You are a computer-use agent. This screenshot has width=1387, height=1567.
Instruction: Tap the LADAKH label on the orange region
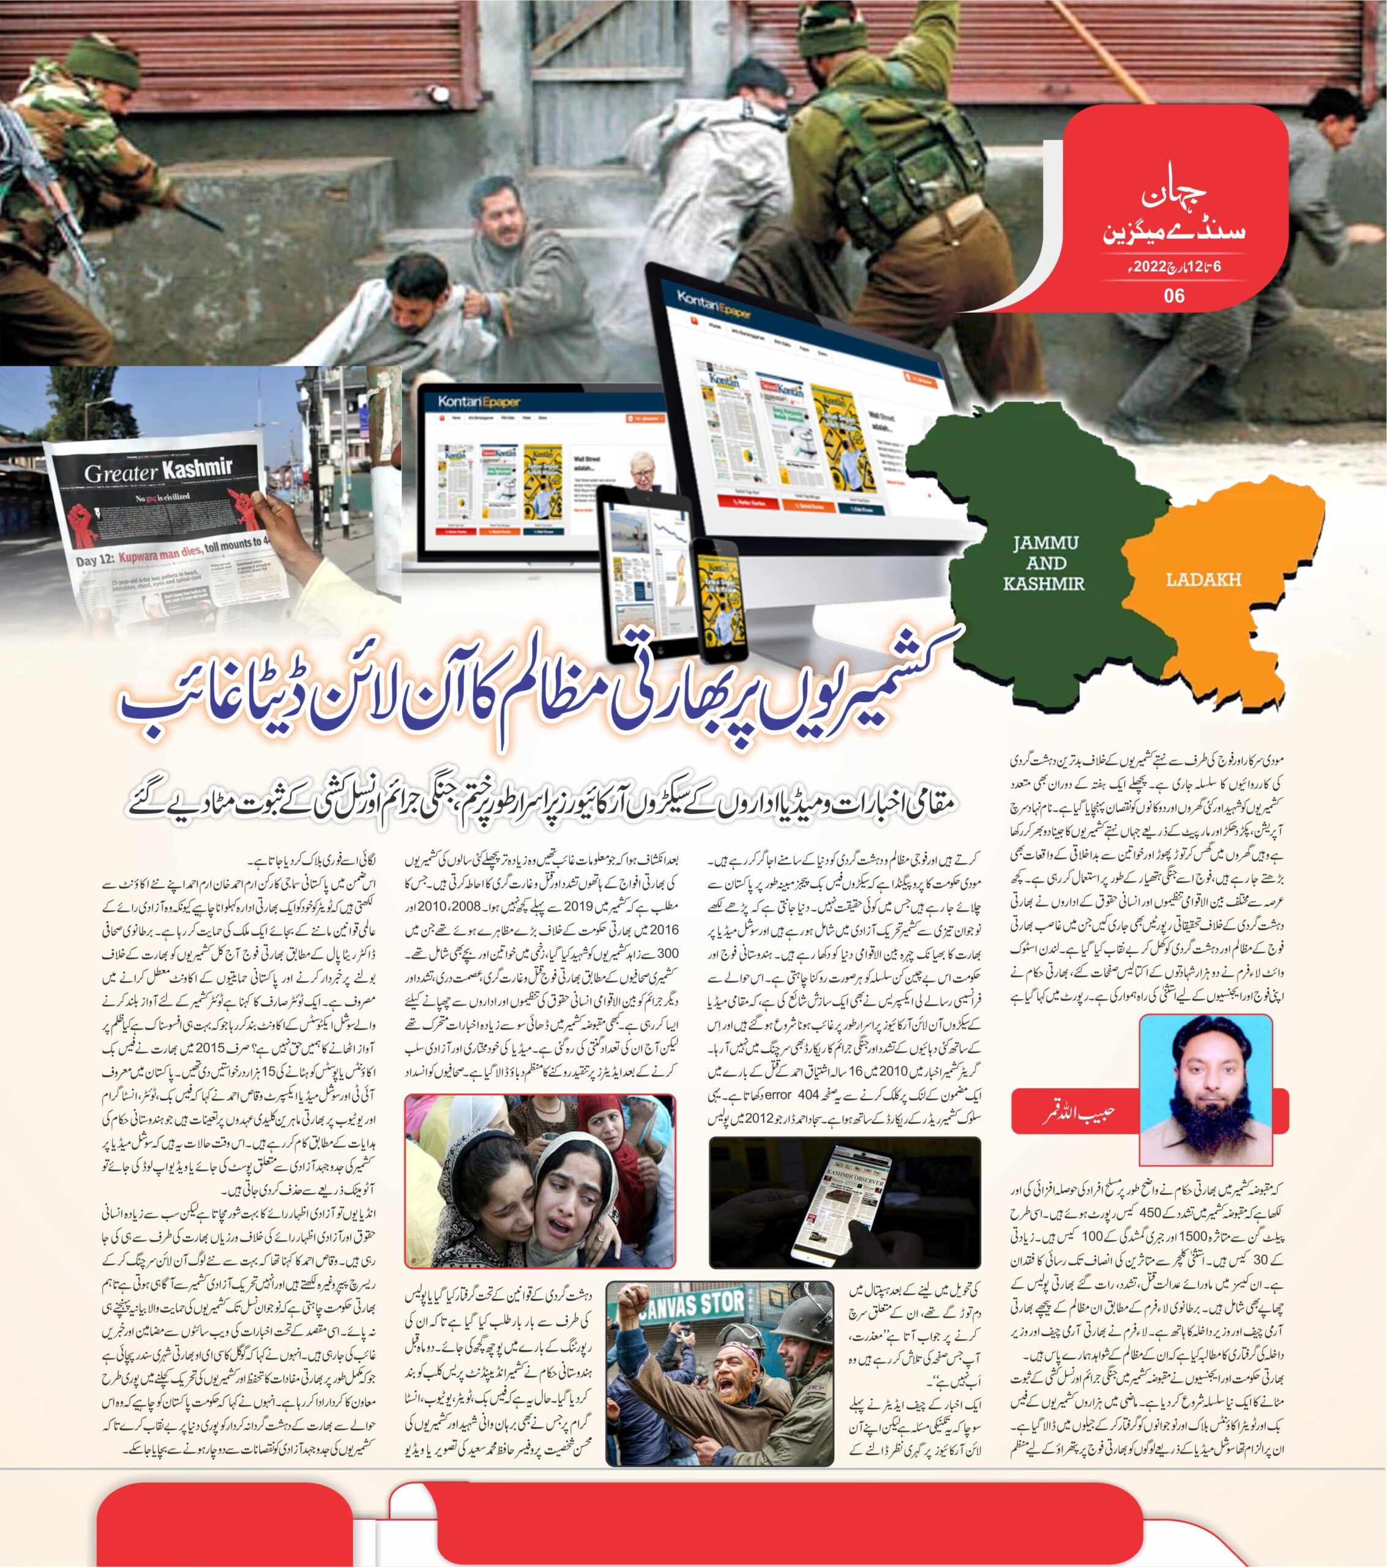coord(1203,580)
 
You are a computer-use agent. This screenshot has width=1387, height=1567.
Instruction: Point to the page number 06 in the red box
coord(1174,295)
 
